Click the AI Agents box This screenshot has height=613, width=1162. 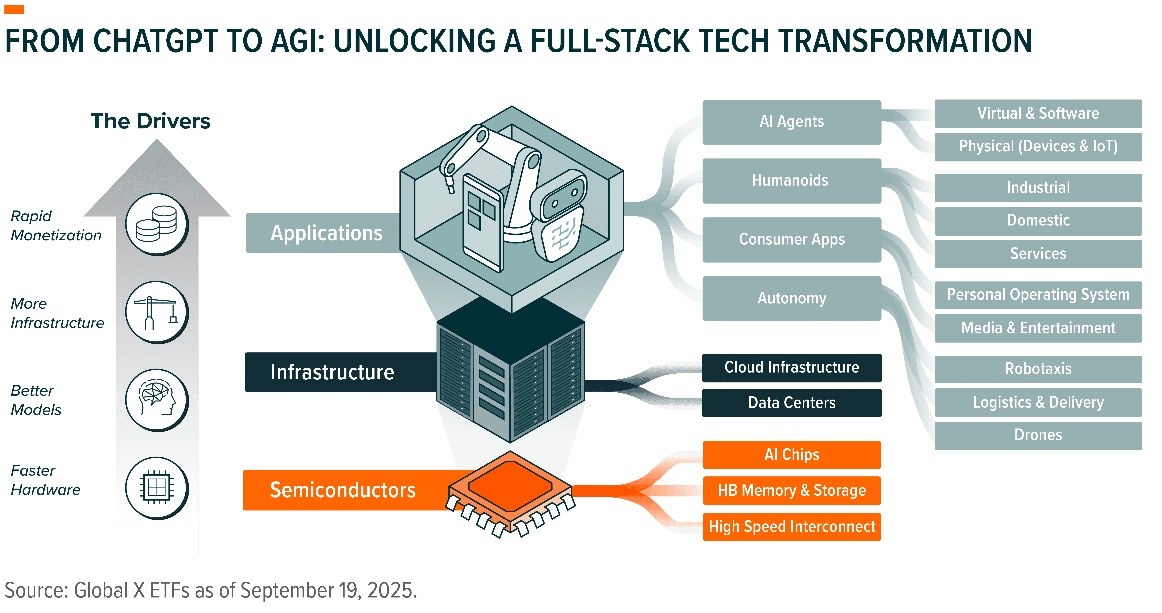(x=792, y=122)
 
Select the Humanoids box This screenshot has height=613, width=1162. (x=792, y=180)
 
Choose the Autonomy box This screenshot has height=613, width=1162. (x=792, y=298)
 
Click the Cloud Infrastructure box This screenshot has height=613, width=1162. (x=792, y=367)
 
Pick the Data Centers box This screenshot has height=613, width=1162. (x=792, y=403)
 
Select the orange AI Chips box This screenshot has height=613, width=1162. (x=792, y=454)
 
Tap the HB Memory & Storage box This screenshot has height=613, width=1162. (x=792, y=490)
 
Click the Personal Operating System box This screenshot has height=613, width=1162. (x=1038, y=295)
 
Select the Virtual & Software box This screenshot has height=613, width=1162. (x=1038, y=113)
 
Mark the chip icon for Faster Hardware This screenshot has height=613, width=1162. (x=156, y=487)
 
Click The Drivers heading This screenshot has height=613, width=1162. (x=151, y=121)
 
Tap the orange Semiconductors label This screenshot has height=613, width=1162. (x=343, y=490)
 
